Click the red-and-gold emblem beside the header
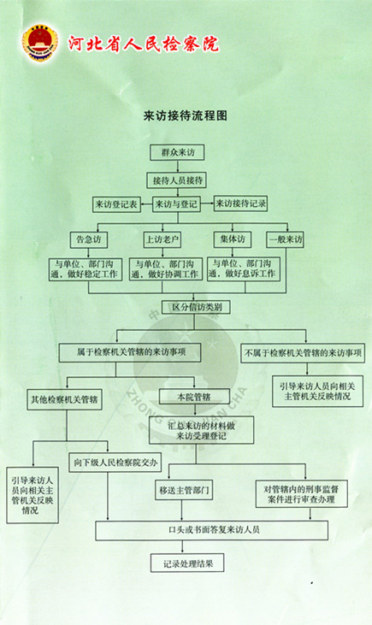click(x=40, y=43)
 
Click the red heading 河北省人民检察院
click(x=144, y=43)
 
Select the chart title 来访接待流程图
click(x=186, y=115)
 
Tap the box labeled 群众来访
click(x=177, y=152)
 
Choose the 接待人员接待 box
click(x=177, y=180)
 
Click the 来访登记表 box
click(x=116, y=204)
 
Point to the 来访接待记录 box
click(x=240, y=203)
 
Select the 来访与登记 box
click(x=176, y=204)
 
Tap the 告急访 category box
click(x=89, y=239)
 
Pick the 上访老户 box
click(x=162, y=239)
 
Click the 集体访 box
click(x=233, y=239)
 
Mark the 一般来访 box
click(x=285, y=239)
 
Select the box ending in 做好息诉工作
click(x=244, y=269)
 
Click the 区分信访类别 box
click(x=196, y=307)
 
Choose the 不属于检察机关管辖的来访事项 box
click(x=303, y=353)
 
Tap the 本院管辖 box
click(x=194, y=397)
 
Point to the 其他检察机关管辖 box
click(x=65, y=399)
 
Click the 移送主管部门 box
click(x=183, y=490)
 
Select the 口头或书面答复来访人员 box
click(x=212, y=530)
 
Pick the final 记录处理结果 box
click(x=187, y=563)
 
